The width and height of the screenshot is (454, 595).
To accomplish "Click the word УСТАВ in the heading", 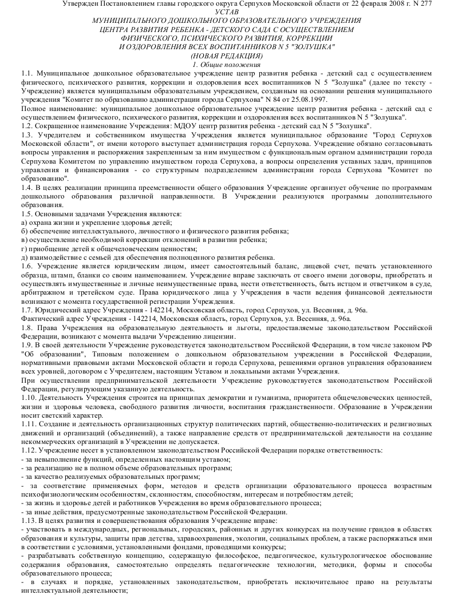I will point(226,12).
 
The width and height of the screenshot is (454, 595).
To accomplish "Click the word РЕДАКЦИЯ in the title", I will point(240,56).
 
